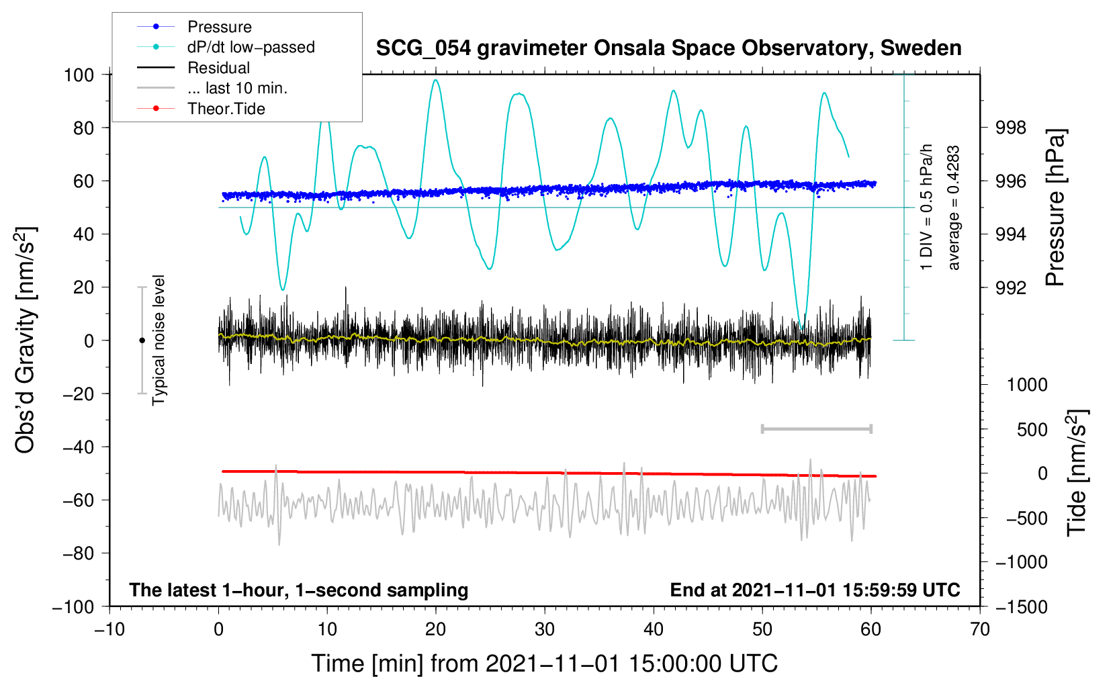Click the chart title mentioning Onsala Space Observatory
point(668,48)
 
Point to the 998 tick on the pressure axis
point(1011,128)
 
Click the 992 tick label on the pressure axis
point(1011,288)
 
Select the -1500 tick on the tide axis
point(1022,606)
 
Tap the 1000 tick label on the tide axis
point(1027,385)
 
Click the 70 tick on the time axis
point(980,629)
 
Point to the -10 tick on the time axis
point(109,629)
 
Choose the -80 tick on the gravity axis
point(78,553)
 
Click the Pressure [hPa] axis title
point(1055,208)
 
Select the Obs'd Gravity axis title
point(26,340)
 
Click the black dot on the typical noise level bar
point(142,340)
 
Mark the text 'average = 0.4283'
point(954,208)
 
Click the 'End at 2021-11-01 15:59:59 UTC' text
point(815,590)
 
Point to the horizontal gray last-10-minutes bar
point(816,428)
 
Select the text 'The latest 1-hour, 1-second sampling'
point(299,590)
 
